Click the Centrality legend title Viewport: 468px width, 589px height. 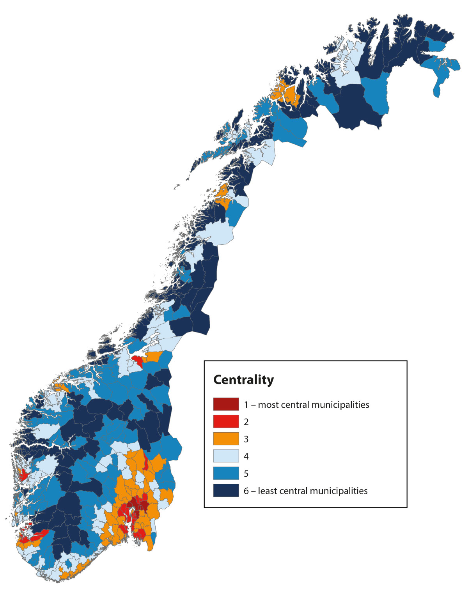(243, 380)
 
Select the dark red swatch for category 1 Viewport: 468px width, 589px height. (226, 404)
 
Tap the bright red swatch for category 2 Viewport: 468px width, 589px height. (226, 421)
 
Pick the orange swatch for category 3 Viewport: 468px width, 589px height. (226, 439)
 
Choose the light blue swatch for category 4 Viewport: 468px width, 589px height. (226, 456)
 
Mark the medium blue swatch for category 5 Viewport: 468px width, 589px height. (226, 473)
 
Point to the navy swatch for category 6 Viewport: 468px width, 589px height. (226, 490)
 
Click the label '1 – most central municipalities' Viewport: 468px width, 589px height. (307, 405)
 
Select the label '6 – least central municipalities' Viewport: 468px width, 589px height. (305, 491)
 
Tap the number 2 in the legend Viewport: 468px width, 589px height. (246, 422)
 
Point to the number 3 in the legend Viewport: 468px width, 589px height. (246, 439)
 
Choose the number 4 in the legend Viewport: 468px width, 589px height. (246, 456)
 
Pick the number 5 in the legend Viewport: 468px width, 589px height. (246, 474)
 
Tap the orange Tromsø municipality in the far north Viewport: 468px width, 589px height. (289, 94)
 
